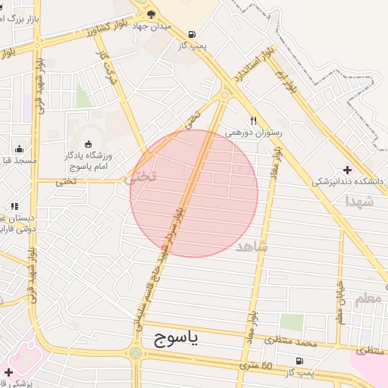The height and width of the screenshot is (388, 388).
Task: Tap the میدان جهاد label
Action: [x=172, y=26]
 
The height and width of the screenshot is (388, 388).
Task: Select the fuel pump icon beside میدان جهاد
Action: [x=192, y=34]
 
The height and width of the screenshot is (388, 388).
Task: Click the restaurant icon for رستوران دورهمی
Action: [x=254, y=120]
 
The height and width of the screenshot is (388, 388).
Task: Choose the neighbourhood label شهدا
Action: [x=358, y=202]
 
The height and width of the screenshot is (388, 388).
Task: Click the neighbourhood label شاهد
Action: [x=252, y=246]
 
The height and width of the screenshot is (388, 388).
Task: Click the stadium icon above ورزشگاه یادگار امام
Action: [x=88, y=144]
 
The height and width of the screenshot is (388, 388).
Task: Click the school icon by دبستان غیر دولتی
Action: [x=14, y=205]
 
